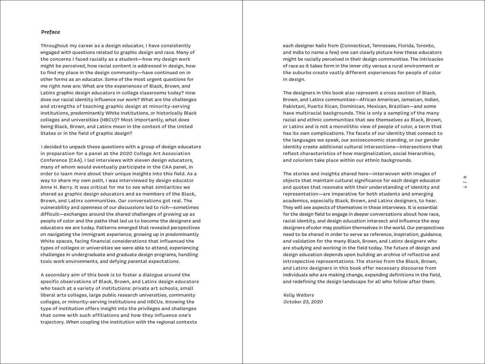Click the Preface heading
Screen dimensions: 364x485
[x=51, y=32]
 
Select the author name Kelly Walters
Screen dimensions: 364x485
[x=299, y=295]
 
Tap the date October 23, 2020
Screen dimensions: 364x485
[x=303, y=302]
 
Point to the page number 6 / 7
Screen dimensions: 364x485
[x=465, y=182]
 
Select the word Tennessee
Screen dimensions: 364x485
[x=386, y=46]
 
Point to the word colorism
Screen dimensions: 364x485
[x=300, y=160]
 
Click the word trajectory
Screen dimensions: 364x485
[x=53, y=322]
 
